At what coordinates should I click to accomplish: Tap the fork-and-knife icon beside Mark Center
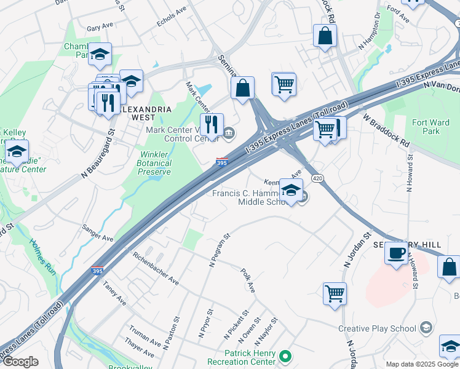(212, 125)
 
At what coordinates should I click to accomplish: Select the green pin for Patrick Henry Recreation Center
(285, 355)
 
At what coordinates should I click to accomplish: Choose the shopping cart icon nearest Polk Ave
(335, 293)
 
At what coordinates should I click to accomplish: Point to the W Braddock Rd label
(386, 130)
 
